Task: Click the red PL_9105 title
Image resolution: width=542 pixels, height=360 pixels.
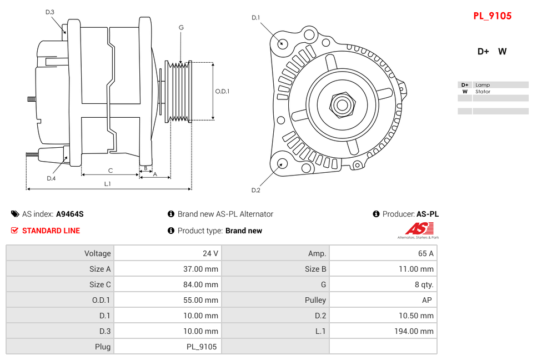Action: pyautogui.click(x=492, y=16)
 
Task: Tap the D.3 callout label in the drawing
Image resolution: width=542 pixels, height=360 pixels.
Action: pyautogui.click(x=50, y=12)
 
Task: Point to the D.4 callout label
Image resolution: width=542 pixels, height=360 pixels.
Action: pyautogui.click(x=51, y=178)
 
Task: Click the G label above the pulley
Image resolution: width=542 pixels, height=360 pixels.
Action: pyautogui.click(x=181, y=27)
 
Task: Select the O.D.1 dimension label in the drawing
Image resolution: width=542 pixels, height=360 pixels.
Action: pyautogui.click(x=222, y=92)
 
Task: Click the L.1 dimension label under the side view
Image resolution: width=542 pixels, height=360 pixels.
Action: pyautogui.click(x=108, y=183)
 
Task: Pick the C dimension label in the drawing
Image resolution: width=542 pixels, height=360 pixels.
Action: pyautogui.click(x=111, y=171)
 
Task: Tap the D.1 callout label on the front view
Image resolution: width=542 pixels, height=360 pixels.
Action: pyautogui.click(x=255, y=18)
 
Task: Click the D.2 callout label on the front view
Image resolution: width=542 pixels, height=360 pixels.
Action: pyautogui.click(x=255, y=191)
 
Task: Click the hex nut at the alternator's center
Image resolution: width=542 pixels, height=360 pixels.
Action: pyautogui.click(x=342, y=104)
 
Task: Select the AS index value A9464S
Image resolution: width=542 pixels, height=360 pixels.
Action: pyautogui.click(x=70, y=214)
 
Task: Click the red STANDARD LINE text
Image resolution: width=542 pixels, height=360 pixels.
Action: pyautogui.click(x=51, y=231)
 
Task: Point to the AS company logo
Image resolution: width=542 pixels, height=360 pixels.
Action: pyautogui.click(x=419, y=229)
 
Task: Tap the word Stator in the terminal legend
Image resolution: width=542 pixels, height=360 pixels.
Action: pyautogui.click(x=483, y=92)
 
